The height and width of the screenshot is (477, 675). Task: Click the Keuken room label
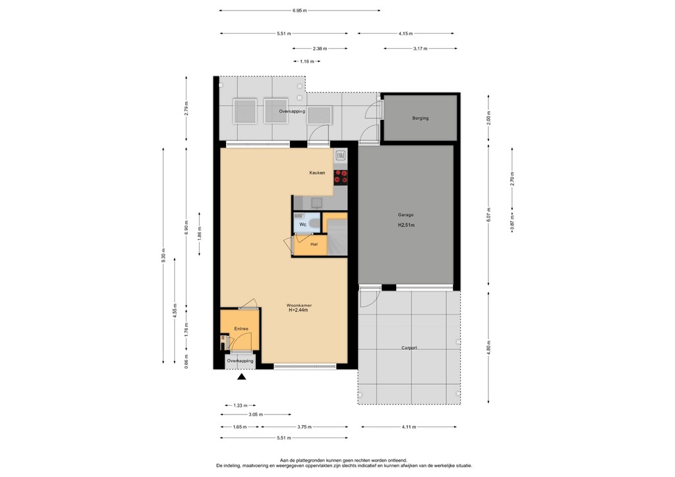coord(317,173)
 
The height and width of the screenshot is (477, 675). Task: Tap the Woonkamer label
coord(299,305)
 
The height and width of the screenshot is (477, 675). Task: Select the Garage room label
coord(405,215)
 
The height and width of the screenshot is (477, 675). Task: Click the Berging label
coord(420,119)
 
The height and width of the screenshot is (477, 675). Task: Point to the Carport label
coord(409,348)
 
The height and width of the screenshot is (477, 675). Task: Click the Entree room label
coord(241,327)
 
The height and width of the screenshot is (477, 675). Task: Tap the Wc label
coord(303,225)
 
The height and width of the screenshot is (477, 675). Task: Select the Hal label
coord(314,244)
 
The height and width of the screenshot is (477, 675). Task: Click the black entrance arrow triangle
coord(241,378)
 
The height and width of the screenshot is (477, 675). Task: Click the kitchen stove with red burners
coord(341,176)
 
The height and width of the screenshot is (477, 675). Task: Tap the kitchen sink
coord(341,157)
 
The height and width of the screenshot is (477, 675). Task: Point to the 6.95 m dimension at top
coord(300,11)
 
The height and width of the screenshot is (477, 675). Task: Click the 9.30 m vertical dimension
coord(163,255)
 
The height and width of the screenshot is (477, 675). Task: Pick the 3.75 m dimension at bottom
coord(304,427)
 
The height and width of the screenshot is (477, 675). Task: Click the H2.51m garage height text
coord(405,225)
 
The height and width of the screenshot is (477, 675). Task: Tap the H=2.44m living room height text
coord(299,310)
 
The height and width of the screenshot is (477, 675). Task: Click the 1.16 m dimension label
coord(306,61)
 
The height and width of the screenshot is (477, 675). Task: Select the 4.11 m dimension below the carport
coord(409,427)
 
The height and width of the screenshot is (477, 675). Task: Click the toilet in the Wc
coord(313,225)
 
